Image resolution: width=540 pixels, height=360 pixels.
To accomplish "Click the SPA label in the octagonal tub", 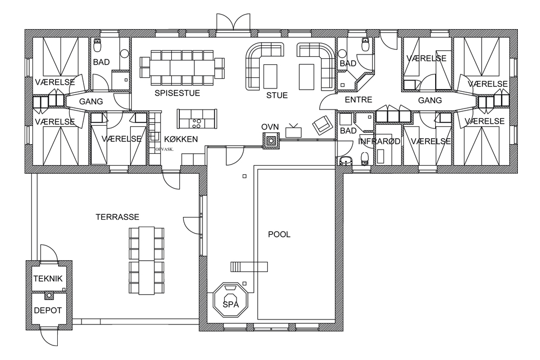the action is [x=231, y=304].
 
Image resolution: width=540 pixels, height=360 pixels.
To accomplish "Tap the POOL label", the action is [x=279, y=234].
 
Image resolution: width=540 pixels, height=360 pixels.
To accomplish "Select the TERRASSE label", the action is [x=117, y=217].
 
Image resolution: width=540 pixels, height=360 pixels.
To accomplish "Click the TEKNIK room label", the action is [x=48, y=279].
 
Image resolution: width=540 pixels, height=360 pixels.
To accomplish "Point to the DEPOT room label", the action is [x=48, y=310].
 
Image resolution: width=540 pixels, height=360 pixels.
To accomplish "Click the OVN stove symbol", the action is [x=272, y=141].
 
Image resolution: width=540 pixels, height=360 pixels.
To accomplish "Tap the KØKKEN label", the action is [x=181, y=139].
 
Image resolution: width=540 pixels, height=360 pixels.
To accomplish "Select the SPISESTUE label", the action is [x=177, y=93].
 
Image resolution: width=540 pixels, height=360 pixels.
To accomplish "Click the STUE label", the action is [x=277, y=96].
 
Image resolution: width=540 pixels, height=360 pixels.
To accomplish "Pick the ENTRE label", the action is [x=359, y=100].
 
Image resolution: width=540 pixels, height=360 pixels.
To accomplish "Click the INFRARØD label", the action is [x=379, y=141].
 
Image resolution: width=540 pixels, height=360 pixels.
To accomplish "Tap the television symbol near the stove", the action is [x=293, y=131].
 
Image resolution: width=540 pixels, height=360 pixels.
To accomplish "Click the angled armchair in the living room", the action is [x=322, y=125].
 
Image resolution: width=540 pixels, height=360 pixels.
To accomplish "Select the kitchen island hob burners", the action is [x=197, y=124].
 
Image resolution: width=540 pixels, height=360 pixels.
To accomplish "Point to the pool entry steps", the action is [x=249, y=267].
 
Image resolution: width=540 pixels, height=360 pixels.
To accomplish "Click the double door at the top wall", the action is [x=233, y=22].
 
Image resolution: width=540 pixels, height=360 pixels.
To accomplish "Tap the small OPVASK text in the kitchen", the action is [x=164, y=150].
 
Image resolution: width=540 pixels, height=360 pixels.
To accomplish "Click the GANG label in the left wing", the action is [x=91, y=101].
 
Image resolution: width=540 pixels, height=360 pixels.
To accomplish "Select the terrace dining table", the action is [x=146, y=261].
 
